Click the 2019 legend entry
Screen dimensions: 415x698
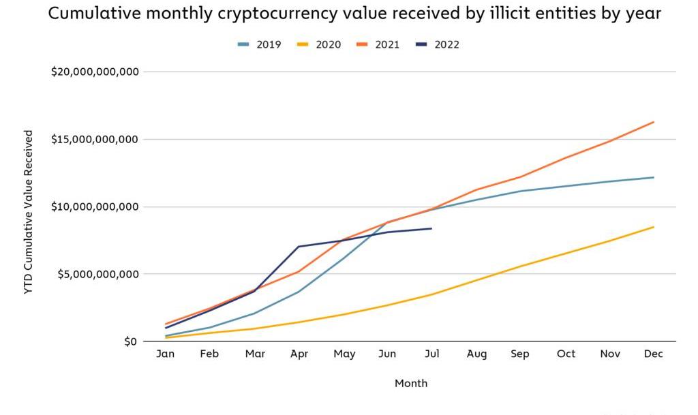tap(260, 45)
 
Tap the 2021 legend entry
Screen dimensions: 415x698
tap(378, 45)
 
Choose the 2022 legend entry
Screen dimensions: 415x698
tap(438, 45)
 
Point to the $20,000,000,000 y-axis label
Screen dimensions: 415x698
tap(95, 72)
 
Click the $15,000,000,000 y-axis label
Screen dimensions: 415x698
tap(95, 139)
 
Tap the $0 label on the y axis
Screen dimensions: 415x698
tap(130, 341)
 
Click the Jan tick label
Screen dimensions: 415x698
tap(166, 354)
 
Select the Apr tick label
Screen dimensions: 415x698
tap(299, 354)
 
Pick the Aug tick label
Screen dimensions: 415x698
tap(476, 354)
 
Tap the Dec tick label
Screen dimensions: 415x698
tap(654, 354)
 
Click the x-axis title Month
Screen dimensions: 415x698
tap(411, 384)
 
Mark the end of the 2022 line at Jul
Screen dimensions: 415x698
tap(431, 228)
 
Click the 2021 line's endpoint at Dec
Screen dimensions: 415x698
tap(654, 122)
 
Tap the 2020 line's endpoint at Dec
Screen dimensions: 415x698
tap(654, 227)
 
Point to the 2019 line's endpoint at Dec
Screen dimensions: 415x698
tap(654, 177)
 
